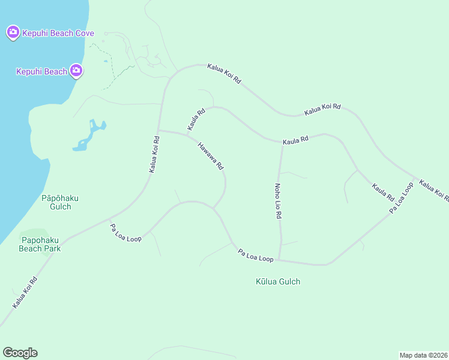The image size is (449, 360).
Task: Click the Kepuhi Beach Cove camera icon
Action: [x=13, y=32]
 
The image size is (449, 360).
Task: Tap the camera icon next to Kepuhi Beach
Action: [x=76, y=71]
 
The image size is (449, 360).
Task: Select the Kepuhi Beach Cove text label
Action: [x=58, y=33]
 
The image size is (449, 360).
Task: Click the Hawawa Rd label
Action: [x=211, y=155]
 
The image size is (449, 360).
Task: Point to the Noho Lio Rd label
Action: [x=278, y=200]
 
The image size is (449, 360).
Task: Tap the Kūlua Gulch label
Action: [x=277, y=281]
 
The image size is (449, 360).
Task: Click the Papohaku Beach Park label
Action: [x=40, y=244]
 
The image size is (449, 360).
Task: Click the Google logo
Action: [x=20, y=352]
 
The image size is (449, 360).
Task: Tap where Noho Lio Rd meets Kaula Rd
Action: [x=282, y=143]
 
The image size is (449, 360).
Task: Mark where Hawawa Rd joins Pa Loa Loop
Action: [x=213, y=208]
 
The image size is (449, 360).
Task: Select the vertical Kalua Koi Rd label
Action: [x=154, y=155]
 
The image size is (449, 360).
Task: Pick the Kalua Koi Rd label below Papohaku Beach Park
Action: [x=25, y=293]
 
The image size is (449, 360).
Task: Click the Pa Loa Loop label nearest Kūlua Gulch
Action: [x=256, y=255]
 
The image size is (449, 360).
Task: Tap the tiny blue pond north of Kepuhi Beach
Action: [x=106, y=61]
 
